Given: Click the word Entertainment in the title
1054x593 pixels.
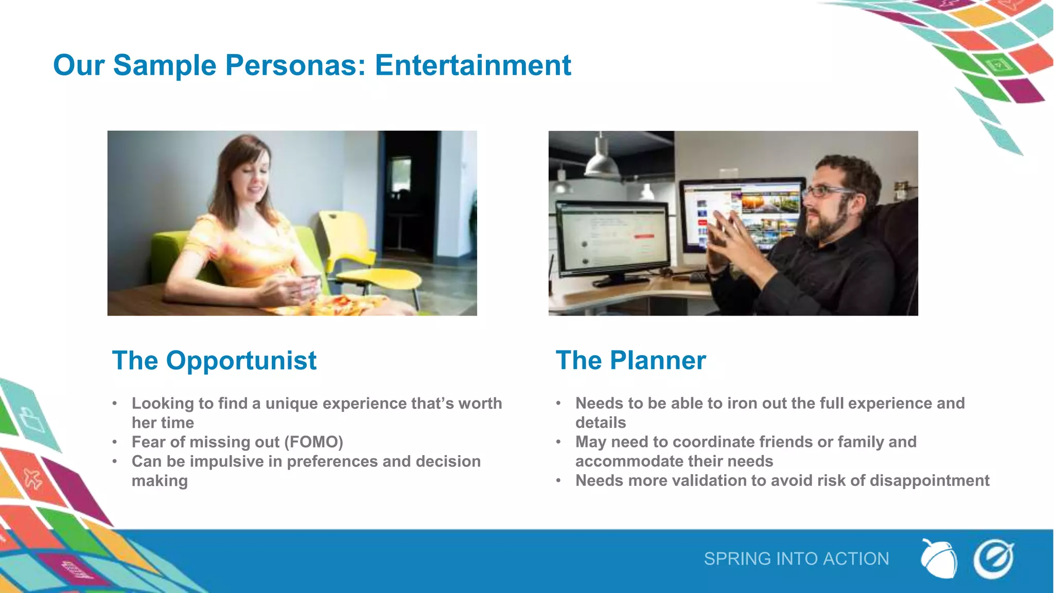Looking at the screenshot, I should point(472,65).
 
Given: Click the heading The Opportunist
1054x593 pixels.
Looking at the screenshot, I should point(214,360).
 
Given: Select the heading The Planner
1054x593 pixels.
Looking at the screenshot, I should point(630,360).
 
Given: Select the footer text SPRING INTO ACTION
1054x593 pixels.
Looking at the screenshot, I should point(796,559).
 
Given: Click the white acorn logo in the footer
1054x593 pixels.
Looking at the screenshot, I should point(938,559).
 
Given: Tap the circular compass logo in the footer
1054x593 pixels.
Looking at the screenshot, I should point(993,559).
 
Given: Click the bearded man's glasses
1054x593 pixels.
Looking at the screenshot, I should point(826,192).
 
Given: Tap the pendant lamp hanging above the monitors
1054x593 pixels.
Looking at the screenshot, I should point(602,160).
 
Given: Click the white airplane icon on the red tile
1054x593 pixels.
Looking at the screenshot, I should point(32,479).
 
